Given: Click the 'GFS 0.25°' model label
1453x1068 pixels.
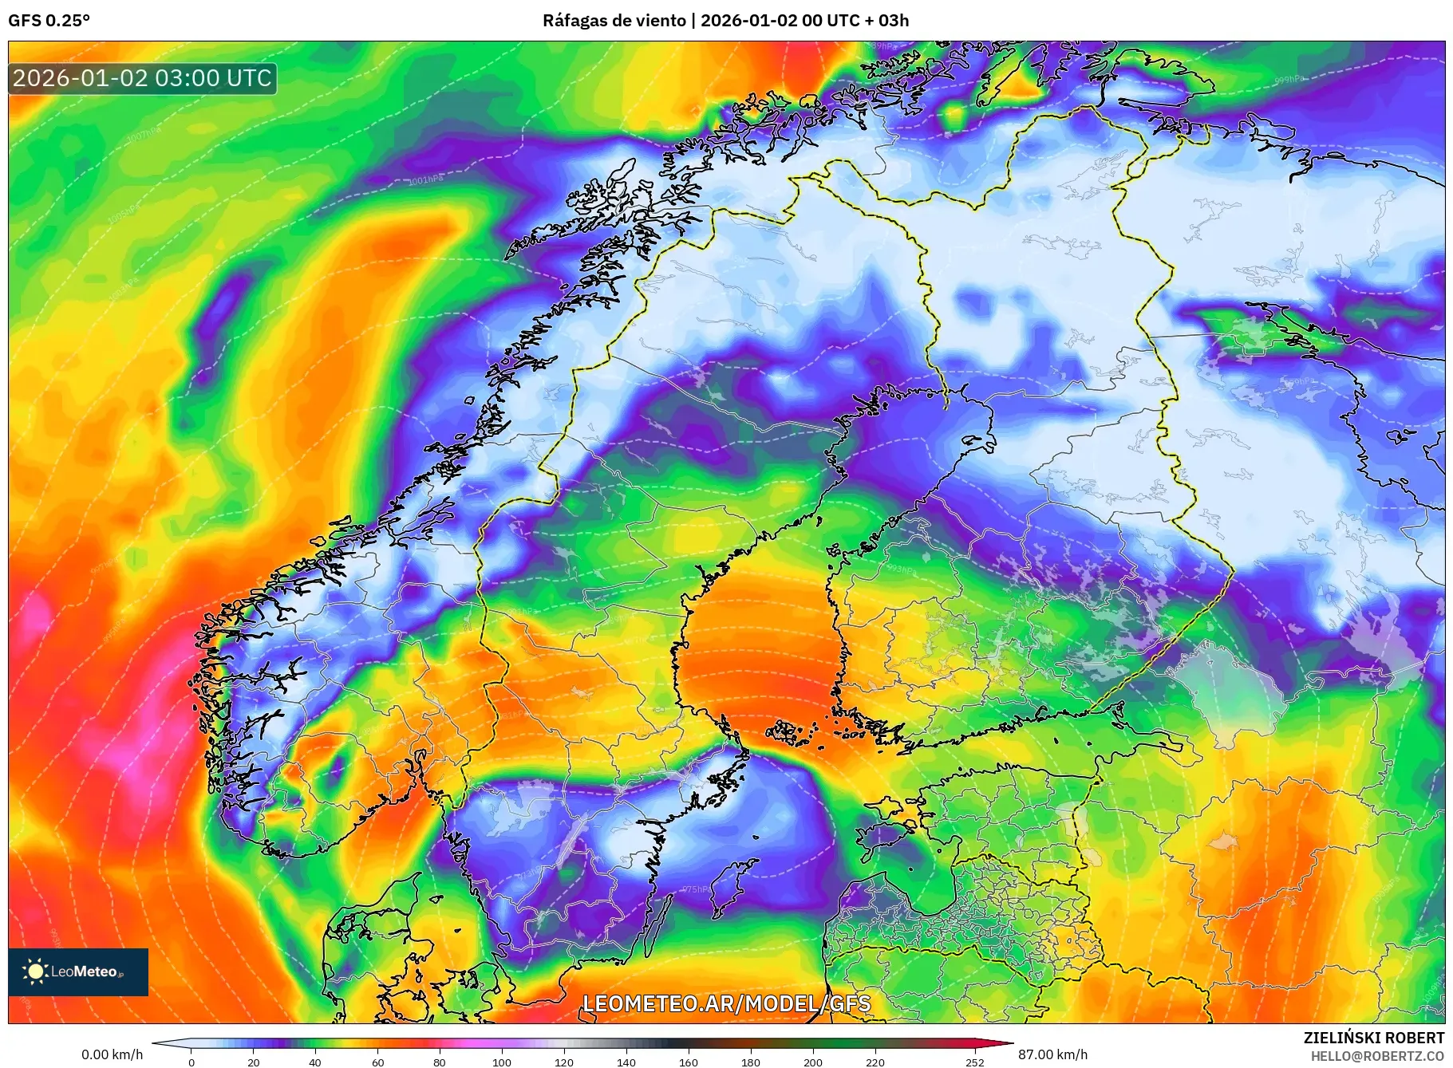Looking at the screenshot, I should click(49, 21).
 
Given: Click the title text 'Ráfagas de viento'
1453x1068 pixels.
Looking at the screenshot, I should click(613, 21).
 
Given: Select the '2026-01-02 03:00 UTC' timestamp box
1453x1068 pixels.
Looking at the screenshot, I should click(142, 78).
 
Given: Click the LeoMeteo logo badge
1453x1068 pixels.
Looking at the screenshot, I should click(78, 971).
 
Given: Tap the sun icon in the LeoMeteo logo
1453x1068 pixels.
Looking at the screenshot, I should click(35, 971).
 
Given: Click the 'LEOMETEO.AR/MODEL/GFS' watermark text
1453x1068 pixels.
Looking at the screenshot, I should click(726, 1003).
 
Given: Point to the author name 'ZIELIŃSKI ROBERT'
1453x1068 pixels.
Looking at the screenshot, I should click(1373, 1038).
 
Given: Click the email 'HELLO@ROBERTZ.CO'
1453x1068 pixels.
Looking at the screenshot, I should click(1376, 1056).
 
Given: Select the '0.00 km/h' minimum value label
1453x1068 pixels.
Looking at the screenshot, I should click(112, 1054).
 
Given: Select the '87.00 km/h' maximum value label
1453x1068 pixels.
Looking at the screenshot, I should click(1052, 1054).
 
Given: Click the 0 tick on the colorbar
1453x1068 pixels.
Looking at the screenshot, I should click(191, 1062).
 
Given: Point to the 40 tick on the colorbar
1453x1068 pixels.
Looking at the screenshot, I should click(315, 1062).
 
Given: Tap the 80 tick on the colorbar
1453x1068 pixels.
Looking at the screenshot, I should click(440, 1062).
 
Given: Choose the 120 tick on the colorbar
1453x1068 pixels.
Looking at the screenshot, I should click(564, 1062).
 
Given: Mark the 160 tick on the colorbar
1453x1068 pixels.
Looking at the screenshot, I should click(689, 1062).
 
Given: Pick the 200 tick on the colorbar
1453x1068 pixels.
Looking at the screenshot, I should click(813, 1062).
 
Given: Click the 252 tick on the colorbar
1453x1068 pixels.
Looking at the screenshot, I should click(975, 1062).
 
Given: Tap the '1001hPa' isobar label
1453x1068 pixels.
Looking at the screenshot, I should click(425, 180).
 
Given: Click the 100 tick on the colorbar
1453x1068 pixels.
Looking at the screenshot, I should click(502, 1062).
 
